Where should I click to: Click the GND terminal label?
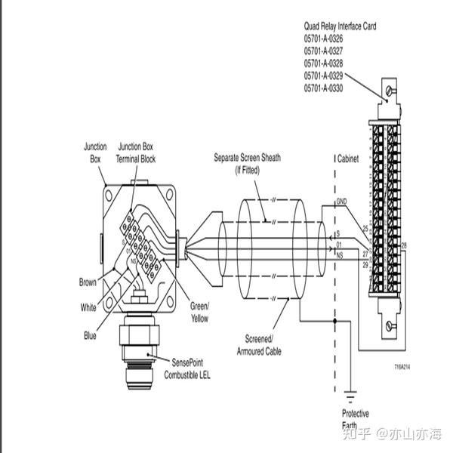341,202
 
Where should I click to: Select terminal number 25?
365,227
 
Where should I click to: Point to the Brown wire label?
88,282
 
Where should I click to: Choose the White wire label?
88,307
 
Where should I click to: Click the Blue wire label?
90,336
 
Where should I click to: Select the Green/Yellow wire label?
199,312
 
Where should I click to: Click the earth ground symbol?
348,394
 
